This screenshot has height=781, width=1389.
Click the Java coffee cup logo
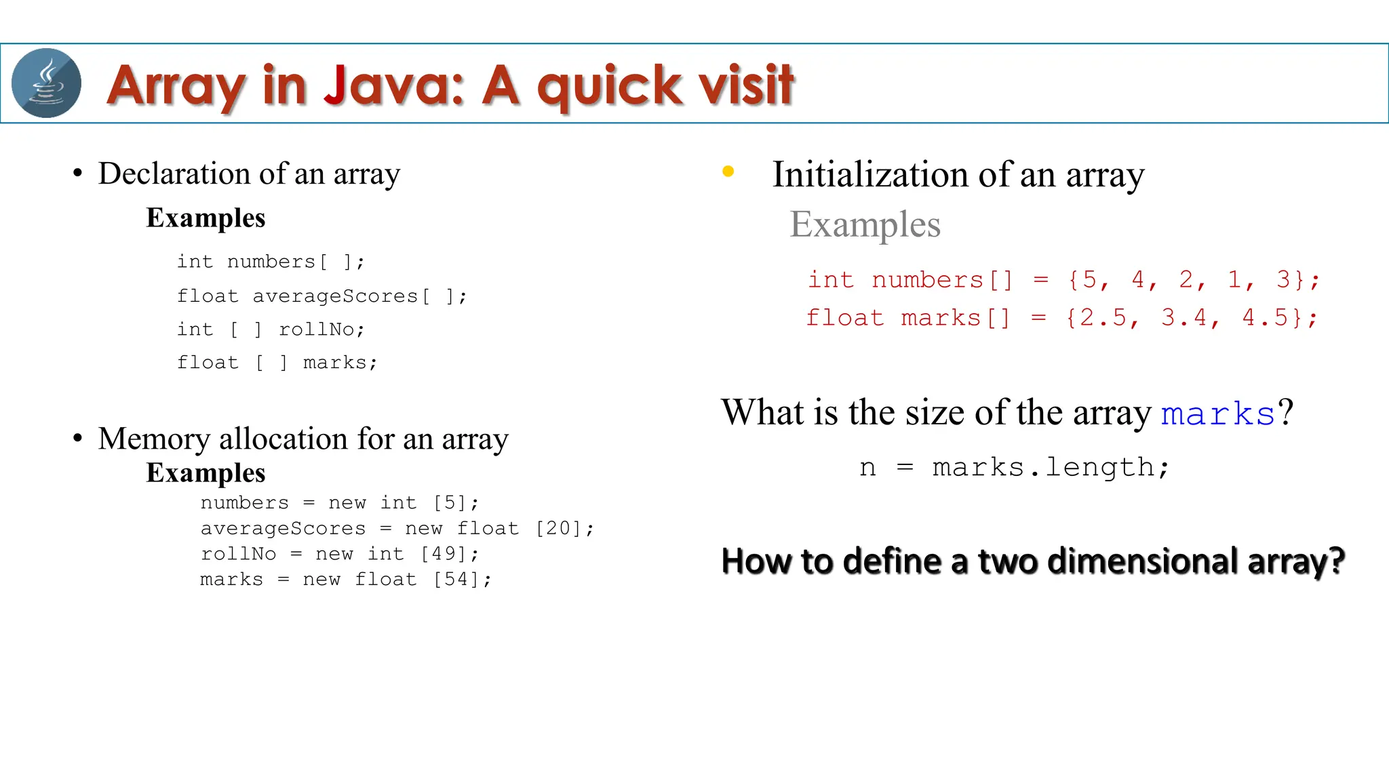[46, 83]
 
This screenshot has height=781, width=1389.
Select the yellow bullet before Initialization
[728, 172]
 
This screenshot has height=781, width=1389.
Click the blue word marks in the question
[1218, 414]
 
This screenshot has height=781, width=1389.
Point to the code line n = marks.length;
[1014, 467]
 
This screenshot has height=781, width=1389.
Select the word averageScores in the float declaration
[335, 296]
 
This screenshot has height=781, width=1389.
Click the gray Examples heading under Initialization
[865, 224]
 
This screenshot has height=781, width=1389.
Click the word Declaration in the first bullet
[176, 174]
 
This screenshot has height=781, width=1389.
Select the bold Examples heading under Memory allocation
[206, 473]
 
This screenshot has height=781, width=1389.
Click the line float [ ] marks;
[277, 363]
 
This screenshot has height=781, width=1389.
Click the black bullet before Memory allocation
[78, 439]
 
